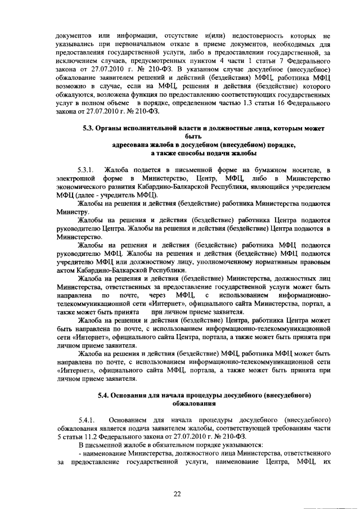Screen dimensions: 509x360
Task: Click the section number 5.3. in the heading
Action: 89,129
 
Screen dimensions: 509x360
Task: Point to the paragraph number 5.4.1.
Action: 89,420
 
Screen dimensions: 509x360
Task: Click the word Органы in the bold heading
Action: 114,129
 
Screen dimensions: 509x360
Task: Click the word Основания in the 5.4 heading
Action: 135,395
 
